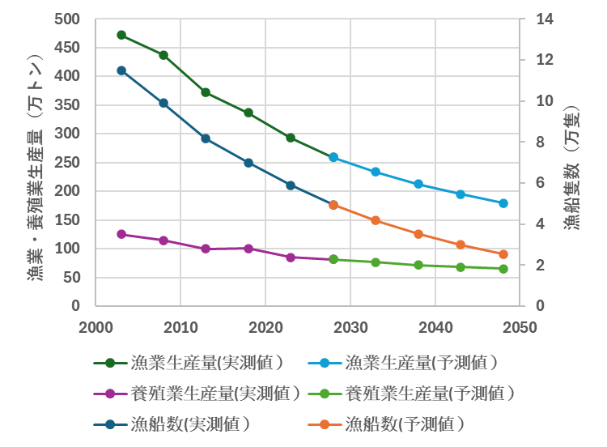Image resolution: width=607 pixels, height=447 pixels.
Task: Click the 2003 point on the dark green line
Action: (121, 35)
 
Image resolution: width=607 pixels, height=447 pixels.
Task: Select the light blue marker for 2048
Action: (503, 203)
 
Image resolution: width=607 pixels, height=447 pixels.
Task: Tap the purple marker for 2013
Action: (206, 249)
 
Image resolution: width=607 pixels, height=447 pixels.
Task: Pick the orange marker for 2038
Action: (418, 234)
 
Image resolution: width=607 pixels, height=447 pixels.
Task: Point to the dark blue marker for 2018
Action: (248, 163)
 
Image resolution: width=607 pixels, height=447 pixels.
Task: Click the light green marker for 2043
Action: (461, 267)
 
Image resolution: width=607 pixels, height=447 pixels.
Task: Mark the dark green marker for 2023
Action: (291, 138)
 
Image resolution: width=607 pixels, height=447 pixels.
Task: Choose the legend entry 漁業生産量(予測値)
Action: (421, 363)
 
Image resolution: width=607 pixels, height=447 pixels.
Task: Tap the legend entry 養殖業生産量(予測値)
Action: (430, 394)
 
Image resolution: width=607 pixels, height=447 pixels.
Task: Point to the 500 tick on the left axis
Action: (69, 19)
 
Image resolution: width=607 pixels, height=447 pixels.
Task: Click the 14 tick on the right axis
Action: (544, 19)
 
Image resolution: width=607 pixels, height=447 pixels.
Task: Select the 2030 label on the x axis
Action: (350, 327)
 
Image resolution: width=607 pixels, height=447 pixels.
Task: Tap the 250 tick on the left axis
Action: (69, 163)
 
